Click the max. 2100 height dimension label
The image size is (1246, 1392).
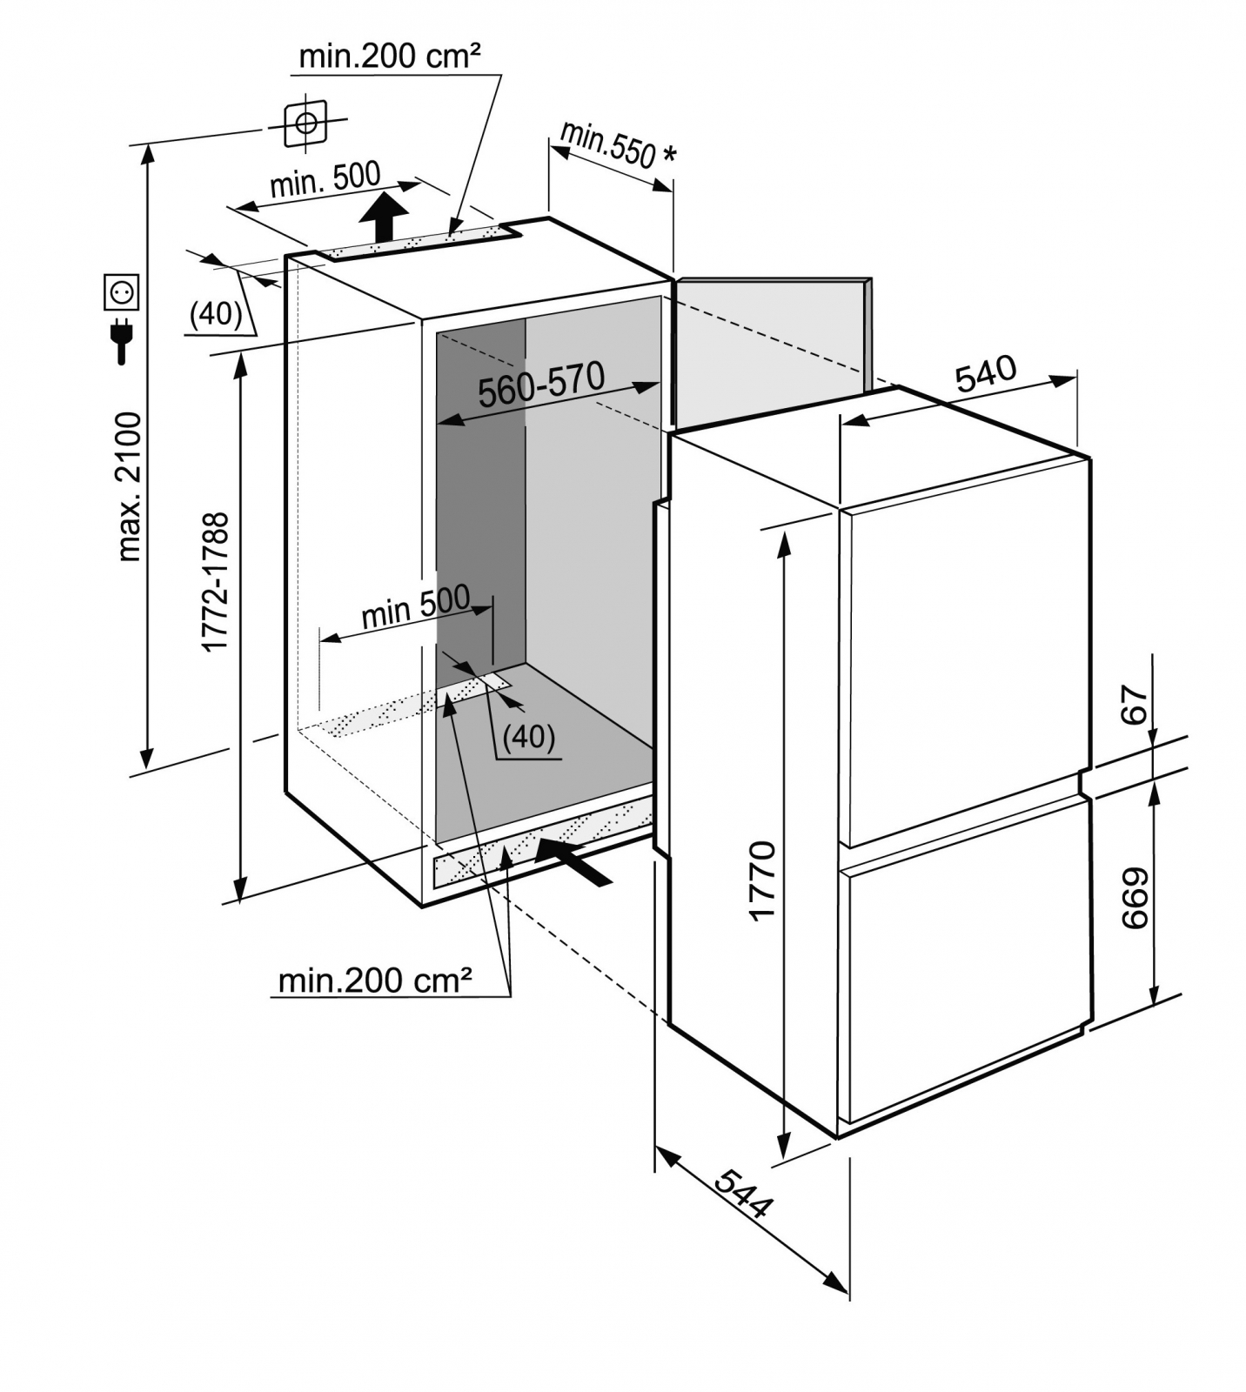128,486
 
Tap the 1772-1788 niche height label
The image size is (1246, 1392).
215,581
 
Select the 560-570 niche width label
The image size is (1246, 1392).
540,385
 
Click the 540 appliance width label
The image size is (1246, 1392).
985,372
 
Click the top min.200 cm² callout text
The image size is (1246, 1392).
389,57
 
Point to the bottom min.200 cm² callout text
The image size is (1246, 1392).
375,980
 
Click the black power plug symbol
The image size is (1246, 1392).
122,341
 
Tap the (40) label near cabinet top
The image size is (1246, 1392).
216,313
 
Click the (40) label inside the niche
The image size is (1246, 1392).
529,737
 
